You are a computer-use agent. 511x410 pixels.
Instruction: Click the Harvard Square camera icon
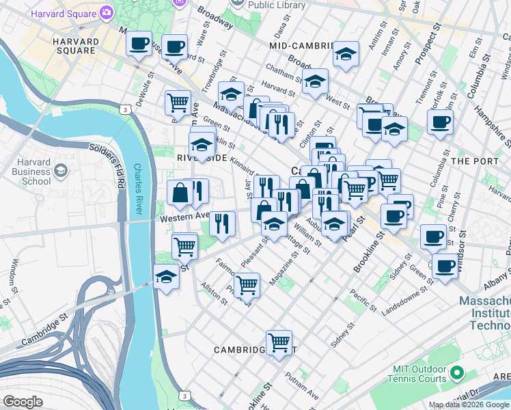107,12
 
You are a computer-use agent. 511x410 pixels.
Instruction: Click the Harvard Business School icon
60,169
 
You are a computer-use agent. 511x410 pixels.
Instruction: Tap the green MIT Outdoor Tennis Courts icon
456,374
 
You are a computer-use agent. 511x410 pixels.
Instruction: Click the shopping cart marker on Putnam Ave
279,342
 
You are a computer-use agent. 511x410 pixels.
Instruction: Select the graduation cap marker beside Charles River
165,277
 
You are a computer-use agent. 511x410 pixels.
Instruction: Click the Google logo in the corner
23,402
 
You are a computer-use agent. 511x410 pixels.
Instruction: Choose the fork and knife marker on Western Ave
223,223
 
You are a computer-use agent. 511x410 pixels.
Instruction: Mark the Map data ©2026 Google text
469,405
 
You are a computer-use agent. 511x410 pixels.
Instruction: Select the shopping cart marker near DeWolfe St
178,102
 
